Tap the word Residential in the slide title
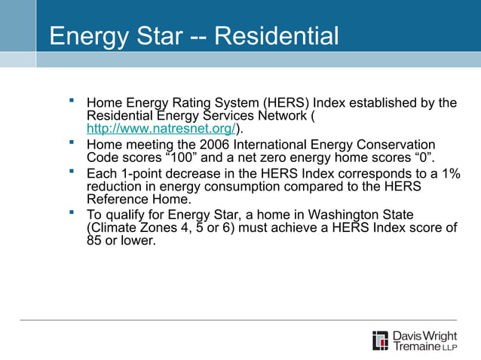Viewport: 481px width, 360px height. (x=277, y=36)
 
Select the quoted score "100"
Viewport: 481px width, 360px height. (x=182, y=157)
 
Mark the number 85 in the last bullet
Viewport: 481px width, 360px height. (x=95, y=242)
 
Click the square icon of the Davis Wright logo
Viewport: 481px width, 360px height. (x=381, y=340)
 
